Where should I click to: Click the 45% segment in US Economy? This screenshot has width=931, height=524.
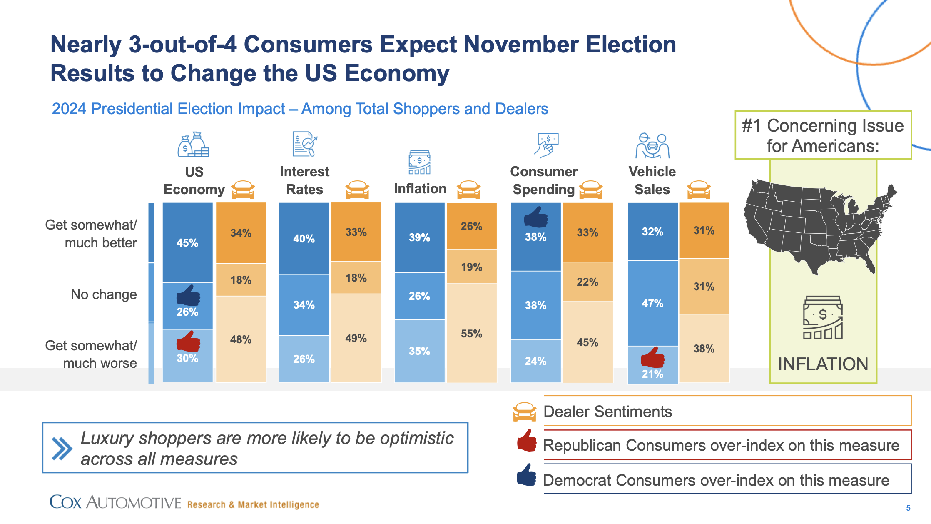click(x=187, y=243)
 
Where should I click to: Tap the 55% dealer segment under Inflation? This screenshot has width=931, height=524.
click(x=471, y=333)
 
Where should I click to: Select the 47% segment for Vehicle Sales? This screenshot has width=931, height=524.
click(x=652, y=303)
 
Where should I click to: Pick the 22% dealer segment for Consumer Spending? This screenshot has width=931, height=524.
click(x=587, y=282)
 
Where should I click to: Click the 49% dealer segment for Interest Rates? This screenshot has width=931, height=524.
click(x=356, y=338)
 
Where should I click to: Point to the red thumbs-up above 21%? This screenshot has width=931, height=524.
click(x=652, y=357)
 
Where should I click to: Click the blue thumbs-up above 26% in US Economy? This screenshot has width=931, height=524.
click(x=188, y=295)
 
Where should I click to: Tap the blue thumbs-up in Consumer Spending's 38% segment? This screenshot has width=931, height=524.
click(x=536, y=217)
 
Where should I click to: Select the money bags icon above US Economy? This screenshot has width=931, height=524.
click(x=193, y=145)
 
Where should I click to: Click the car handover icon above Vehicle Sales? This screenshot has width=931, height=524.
click(x=652, y=146)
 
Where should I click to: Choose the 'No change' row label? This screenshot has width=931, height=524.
click(x=104, y=294)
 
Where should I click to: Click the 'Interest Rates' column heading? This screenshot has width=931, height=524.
click(x=304, y=180)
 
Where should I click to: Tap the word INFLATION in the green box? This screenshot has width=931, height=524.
click(x=823, y=364)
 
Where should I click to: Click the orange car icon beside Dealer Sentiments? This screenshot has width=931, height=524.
click(x=524, y=412)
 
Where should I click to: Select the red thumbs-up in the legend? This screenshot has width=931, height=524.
click(x=527, y=441)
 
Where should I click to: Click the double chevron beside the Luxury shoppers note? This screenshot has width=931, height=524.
click(x=62, y=448)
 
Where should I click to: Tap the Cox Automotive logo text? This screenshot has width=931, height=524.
click(x=115, y=502)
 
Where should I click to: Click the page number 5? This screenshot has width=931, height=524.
click(x=908, y=508)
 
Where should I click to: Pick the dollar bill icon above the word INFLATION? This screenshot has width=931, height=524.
click(x=823, y=317)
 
